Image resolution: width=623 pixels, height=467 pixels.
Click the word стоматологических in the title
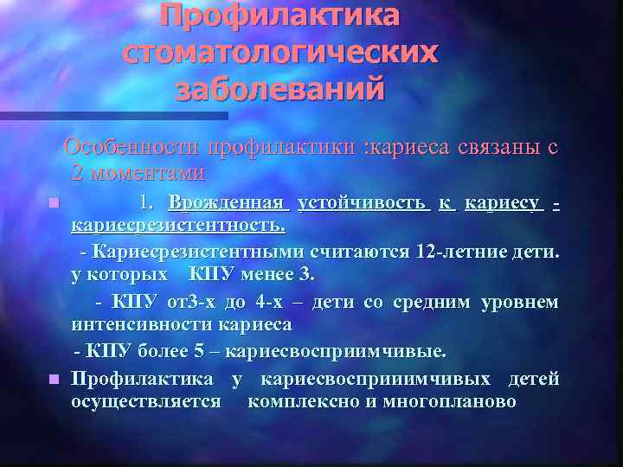tap(280, 53)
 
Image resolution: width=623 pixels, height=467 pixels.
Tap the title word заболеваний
tap(280, 88)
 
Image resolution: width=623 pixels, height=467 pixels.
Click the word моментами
tap(138, 172)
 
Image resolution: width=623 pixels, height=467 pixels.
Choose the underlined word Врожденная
tap(227, 204)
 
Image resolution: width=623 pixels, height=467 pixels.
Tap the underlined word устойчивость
tap(362, 204)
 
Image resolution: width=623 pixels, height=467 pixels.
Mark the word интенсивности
tap(142, 325)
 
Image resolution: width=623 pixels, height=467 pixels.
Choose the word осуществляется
tap(146, 401)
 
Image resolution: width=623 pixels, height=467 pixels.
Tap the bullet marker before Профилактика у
tap(55, 379)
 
